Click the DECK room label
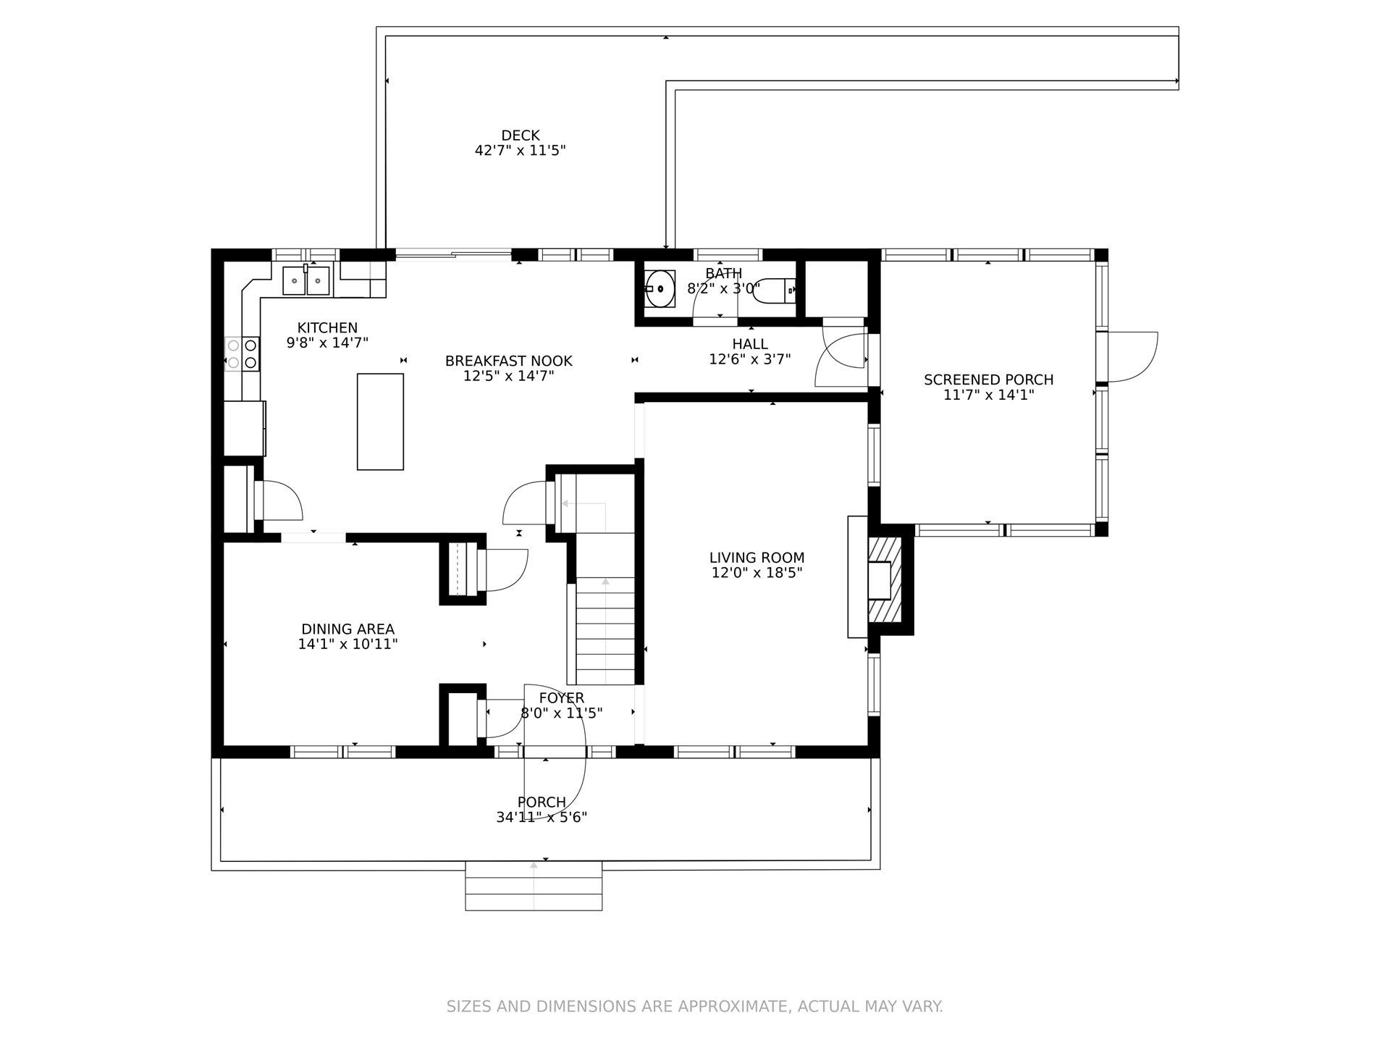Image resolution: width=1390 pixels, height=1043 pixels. (x=521, y=135)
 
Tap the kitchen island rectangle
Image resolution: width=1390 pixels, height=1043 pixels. (x=380, y=422)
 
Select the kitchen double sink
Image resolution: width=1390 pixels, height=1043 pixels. (x=306, y=280)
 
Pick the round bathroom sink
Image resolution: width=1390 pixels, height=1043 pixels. (x=659, y=288)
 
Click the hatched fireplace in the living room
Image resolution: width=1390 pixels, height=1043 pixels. (x=885, y=579)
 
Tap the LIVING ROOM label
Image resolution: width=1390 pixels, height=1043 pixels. (x=757, y=558)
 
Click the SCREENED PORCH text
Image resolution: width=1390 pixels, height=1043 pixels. (x=988, y=380)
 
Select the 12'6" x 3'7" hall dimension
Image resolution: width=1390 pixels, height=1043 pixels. (x=750, y=359)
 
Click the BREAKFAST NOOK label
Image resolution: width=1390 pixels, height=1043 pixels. (x=508, y=361)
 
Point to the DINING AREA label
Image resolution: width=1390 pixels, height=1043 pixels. (x=347, y=629)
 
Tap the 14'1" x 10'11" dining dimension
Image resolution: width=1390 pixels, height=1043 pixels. (x=347, y=644)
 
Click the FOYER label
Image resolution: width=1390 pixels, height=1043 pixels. (x=562, y=698)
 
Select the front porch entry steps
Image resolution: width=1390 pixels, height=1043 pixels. (x=534, y=886)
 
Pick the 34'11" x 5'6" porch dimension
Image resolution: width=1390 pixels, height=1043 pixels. (x=542, y=818)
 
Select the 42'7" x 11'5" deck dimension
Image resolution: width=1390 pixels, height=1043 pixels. (x=520, y=151)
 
